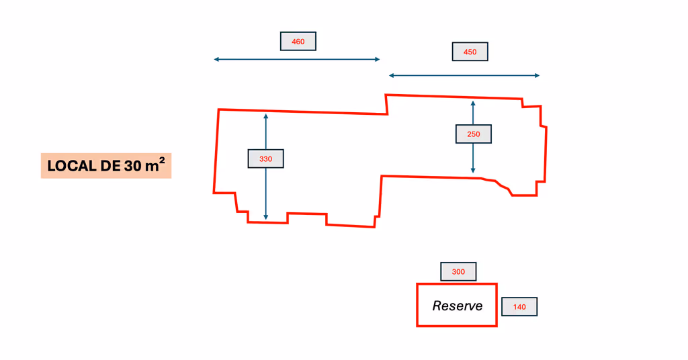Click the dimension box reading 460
click(x=298, y=42)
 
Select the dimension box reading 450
click(x=470, y=52)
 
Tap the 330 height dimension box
click(x=266, y=159)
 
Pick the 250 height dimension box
click(x=473, y=134)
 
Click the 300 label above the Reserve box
click(x=458, y=272)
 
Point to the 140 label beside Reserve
click(x=519, y=307)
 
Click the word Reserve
click(x=457, y=306)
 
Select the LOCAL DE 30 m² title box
click(x=106, y=166)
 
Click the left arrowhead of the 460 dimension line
click(x=216, y=60)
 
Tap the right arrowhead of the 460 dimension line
click(x=378, y=60)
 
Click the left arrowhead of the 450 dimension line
click(x=391, y=76)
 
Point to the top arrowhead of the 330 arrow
click(x=266, y=117)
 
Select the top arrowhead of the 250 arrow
click(x=473, y=103)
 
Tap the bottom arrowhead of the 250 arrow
click(x=473, y=171)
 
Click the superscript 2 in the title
click(x=162, y=161)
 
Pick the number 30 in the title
click(x=132, y=167)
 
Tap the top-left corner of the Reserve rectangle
click(x=417, y=285)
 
